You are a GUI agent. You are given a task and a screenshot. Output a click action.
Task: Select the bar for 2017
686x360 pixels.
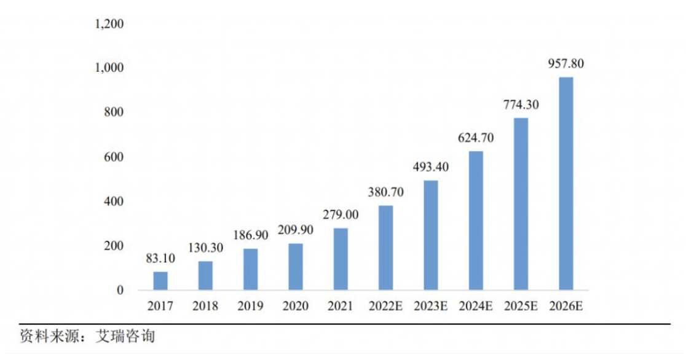(x=160, y=281)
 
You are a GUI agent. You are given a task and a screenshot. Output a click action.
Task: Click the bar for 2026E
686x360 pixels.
(x=566, y=184)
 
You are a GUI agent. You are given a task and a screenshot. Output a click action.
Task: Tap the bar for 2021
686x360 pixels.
(x=341, y=259)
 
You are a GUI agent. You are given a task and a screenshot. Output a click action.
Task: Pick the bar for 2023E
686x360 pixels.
(x=430, y=235)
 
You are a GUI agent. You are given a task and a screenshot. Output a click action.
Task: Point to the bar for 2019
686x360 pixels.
(x=250, y=269)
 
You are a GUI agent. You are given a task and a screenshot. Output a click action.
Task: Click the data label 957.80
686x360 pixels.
(x=566, y=63)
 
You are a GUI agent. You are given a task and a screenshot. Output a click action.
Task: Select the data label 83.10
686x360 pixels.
(x=160, y=259)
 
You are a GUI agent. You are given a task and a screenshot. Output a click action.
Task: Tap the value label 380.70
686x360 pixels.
(x=385, y=192)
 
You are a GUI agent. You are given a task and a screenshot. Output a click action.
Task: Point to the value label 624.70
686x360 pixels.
(x=476, y=138)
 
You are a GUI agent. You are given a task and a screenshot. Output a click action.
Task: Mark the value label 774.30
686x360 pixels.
(x=521, y=104)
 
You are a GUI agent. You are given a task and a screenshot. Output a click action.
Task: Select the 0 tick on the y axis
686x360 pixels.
(x=121, y=290)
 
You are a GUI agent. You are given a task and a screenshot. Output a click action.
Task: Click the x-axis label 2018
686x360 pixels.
(x=205, y=305)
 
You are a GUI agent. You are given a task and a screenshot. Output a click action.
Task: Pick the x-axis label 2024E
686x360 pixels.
(x=476, y=305)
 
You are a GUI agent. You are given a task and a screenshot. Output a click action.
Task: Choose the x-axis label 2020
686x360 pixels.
(x=295, y=305)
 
